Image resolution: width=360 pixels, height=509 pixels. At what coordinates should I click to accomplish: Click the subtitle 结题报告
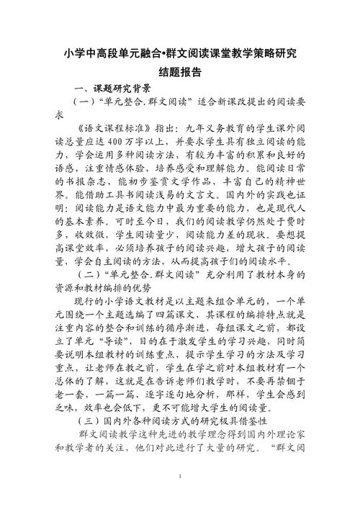(x=179, y=72)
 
